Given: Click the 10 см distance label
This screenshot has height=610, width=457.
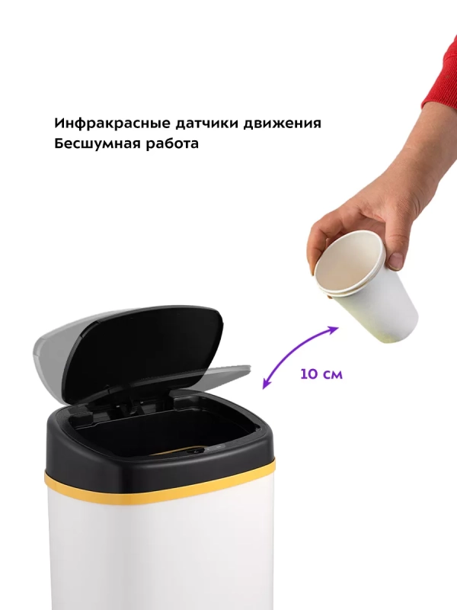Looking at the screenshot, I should (x=321, y=374).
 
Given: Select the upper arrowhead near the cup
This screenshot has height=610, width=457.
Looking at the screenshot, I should (x=332, y=329).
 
